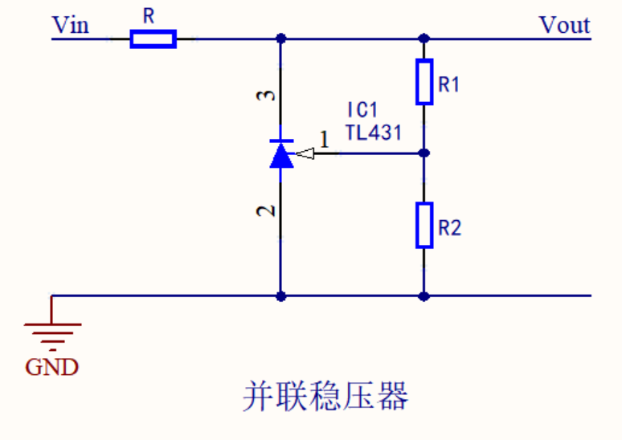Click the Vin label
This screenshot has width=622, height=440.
tap(70, 25)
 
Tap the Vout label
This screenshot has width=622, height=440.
tap(564, 25)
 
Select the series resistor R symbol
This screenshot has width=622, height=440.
tap(153, 39)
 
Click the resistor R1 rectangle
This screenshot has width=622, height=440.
tap(424, 82)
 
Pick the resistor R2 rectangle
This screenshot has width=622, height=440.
tap(424, 225)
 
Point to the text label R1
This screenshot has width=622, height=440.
tap(449, 84)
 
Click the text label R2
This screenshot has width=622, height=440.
tap(449, 228)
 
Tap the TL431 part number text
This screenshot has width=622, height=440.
tap(373, 132)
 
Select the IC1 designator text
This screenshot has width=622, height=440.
tap(362, 110)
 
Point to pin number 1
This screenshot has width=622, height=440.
tap(325, 140)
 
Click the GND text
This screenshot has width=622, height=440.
tap(52, 368)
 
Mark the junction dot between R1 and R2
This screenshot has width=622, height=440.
tap(424, 153)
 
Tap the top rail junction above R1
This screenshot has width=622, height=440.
tap(424, 38)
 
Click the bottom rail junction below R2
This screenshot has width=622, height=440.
tap(424, 295)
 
